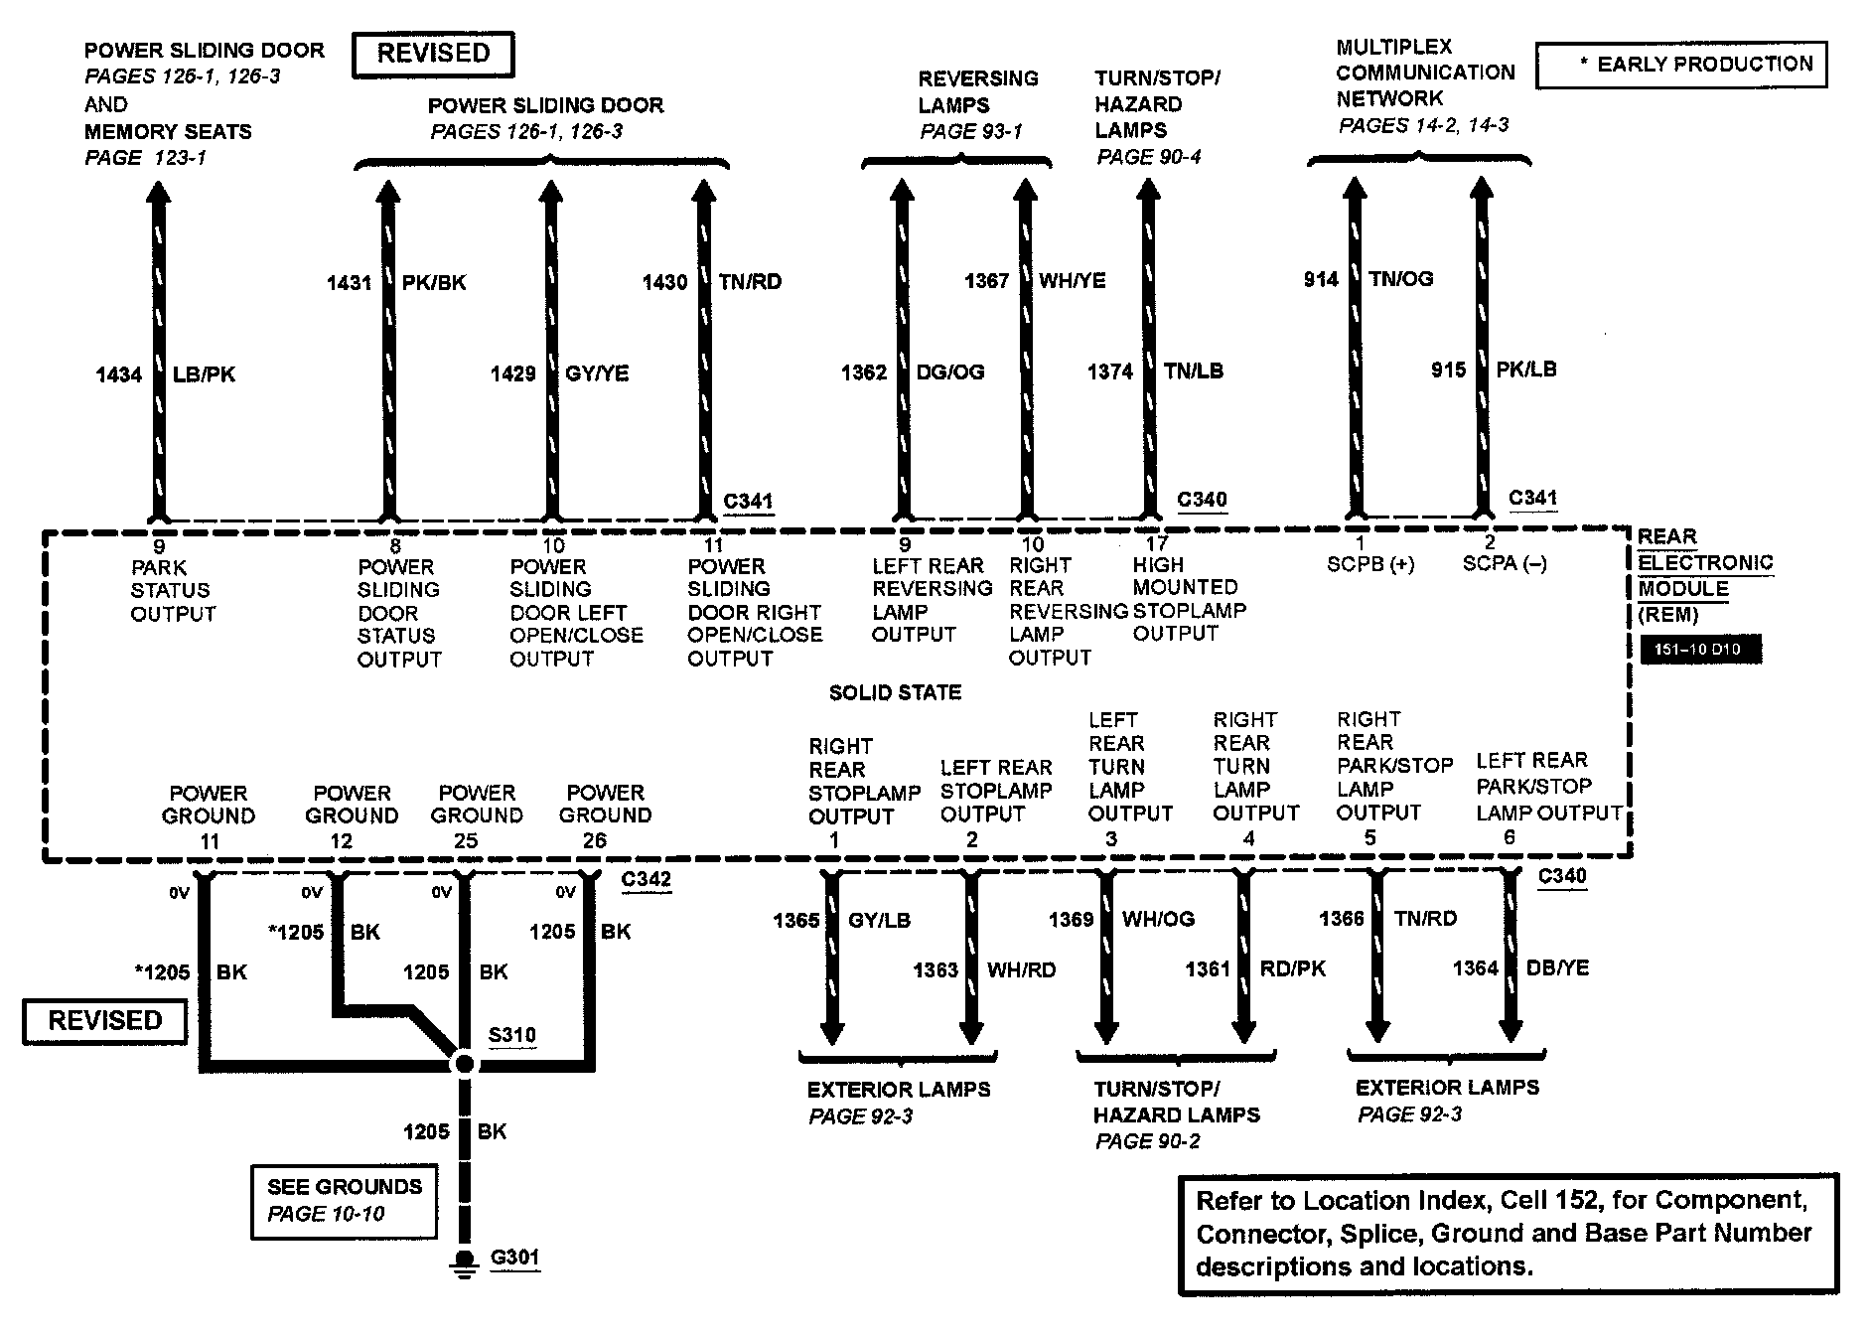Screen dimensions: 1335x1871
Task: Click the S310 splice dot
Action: pos(463,1064)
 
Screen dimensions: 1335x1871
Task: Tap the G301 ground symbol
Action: pos(463,1262)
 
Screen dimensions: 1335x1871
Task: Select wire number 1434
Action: pos(118,374)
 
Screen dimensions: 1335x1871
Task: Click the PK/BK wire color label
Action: pos(434,282)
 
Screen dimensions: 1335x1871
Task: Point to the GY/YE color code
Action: pos(597,373)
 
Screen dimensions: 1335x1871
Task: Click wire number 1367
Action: pos(986,281)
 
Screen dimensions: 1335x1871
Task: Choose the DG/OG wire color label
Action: pos(950,372)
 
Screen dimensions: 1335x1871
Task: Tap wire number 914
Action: pos(1321,279)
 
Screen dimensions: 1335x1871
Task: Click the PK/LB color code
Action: pos(1526,370)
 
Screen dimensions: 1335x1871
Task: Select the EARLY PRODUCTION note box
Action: pos(1680,65)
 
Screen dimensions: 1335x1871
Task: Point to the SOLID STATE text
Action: pos(895,692)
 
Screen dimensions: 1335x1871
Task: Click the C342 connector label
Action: pos(646,880)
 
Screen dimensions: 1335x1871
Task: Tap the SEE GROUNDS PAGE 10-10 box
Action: pos(344,1200)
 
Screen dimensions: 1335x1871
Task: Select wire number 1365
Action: pos(796,921)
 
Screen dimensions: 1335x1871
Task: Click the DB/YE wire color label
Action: pos(1557,967)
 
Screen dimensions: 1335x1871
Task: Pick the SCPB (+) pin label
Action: pos(1370,564)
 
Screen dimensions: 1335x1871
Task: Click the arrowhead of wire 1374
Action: pos(1148,193)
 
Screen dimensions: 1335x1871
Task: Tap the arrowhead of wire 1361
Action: pos(1242,1029)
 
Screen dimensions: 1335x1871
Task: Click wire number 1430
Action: pos(664,282)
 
